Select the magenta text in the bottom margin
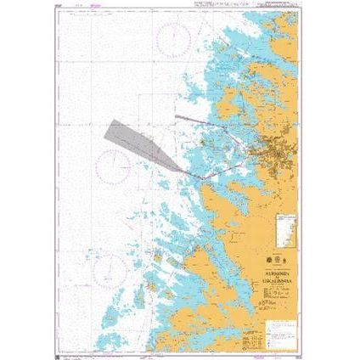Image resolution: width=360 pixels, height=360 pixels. click(x=170, y=344)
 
